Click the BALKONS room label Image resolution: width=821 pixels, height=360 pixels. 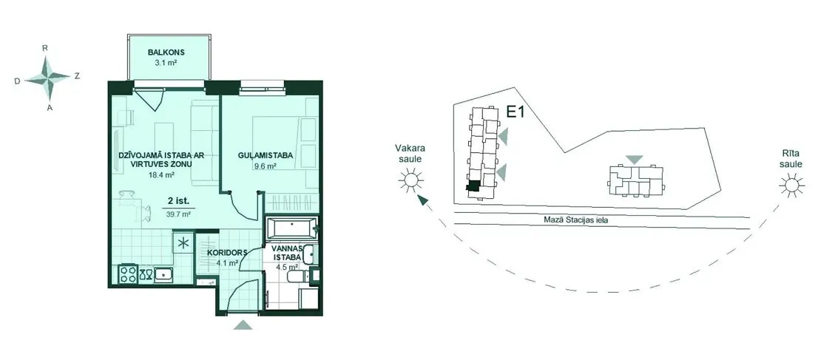coord(166,52)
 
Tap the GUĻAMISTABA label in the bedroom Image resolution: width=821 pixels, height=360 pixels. coord(264,155)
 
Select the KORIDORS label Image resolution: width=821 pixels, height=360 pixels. coord(227,251)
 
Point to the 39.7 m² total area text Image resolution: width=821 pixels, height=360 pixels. coord(178,214)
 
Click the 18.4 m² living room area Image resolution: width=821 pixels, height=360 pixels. coord(161,176)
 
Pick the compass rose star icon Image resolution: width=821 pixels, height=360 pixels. coord(48,78)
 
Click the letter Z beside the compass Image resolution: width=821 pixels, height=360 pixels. coord(77,76)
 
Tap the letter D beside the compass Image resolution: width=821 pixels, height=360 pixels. coord(17,81)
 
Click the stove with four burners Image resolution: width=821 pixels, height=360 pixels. coord(129,274)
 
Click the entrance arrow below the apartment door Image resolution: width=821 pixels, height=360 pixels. coord(243,325)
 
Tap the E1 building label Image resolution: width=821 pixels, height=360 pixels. coord(516,112)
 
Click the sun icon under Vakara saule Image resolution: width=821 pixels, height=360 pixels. coord(410,180)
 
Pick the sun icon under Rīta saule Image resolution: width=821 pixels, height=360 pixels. coord(790,186)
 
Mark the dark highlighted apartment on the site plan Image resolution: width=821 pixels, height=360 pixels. coord(473,186)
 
